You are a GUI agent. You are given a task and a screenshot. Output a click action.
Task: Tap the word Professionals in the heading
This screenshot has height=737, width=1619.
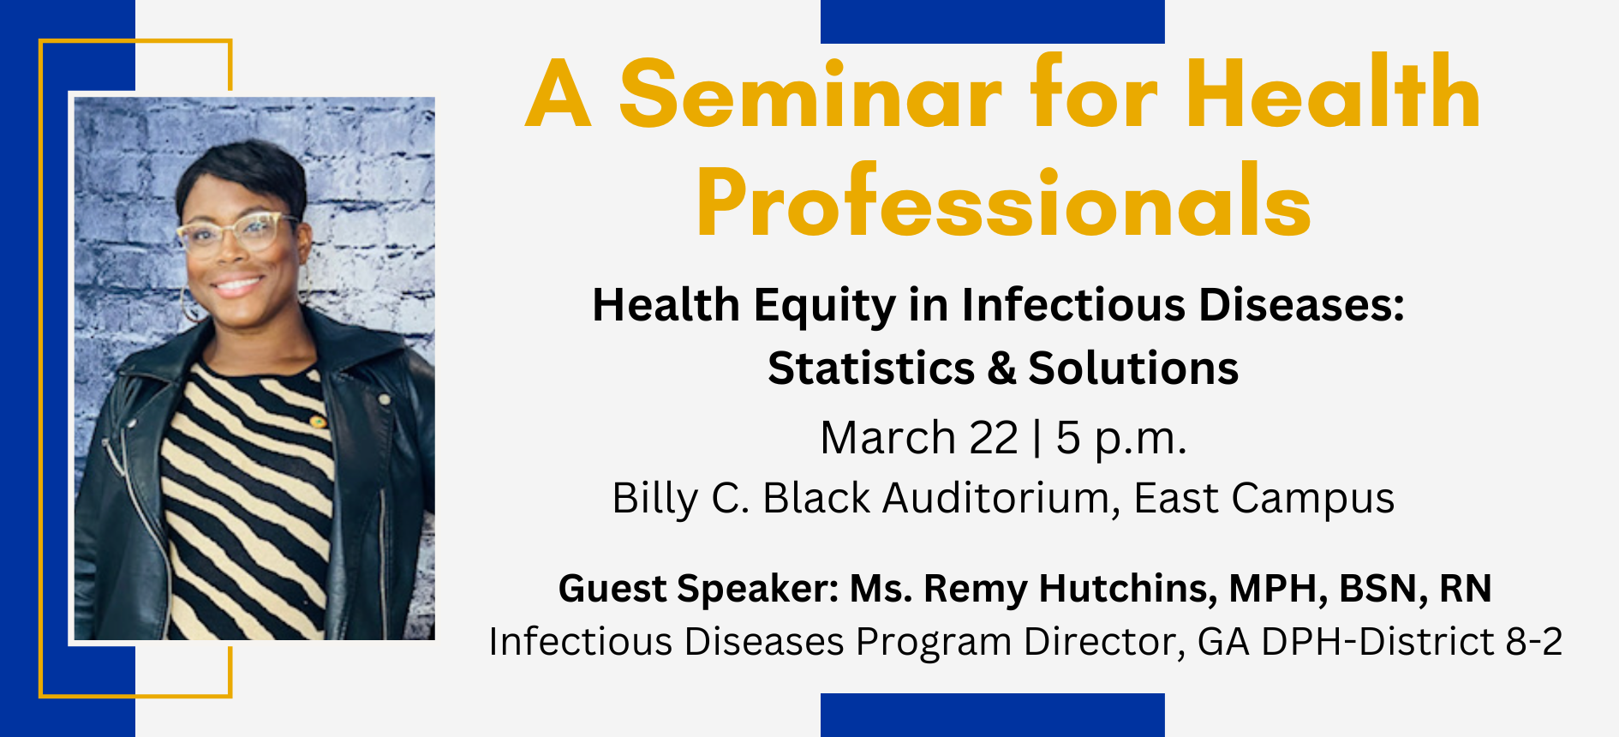(1004, 202)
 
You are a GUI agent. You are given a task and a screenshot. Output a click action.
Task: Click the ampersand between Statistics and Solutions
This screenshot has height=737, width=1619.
(1001, 368)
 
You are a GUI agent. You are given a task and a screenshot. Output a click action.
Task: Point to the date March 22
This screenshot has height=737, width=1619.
(919, 438)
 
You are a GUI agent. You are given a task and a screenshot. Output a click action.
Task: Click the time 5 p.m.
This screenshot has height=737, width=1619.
(1121, 440)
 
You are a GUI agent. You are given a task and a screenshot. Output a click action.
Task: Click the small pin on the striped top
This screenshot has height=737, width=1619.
(317, 422)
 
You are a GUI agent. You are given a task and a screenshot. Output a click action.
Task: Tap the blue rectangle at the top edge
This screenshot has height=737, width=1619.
(993, 21)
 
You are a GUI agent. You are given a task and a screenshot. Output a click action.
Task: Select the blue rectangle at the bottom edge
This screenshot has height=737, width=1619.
(993, 715)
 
